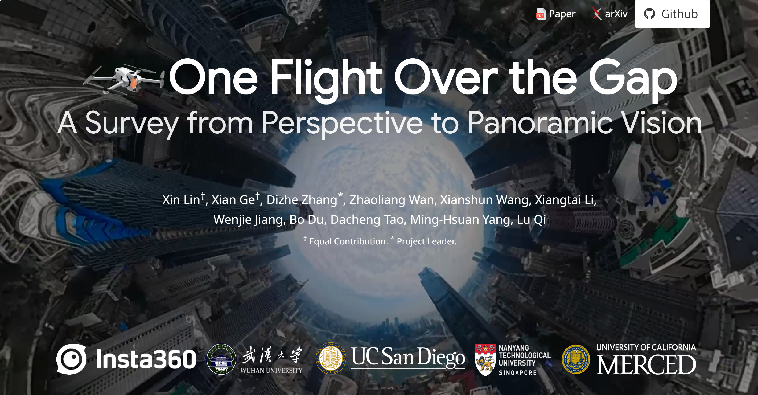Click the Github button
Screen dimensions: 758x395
point(672,14)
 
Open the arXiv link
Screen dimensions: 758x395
point(610,14)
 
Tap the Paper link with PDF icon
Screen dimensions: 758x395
point(555,14)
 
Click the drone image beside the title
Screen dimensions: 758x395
point(124,79)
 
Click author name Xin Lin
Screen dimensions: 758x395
point(181,200)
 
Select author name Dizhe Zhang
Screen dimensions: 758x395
point(301,200)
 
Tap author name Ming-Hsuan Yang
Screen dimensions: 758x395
point(460,220)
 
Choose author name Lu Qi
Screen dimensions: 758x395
point(531,220)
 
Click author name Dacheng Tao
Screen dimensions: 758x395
point(367,220)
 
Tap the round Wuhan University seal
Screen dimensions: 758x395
point(221,359)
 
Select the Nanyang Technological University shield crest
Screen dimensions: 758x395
point(485,360)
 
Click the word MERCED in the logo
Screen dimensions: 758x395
point(646,364)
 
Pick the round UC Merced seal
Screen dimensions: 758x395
point(576,359)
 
